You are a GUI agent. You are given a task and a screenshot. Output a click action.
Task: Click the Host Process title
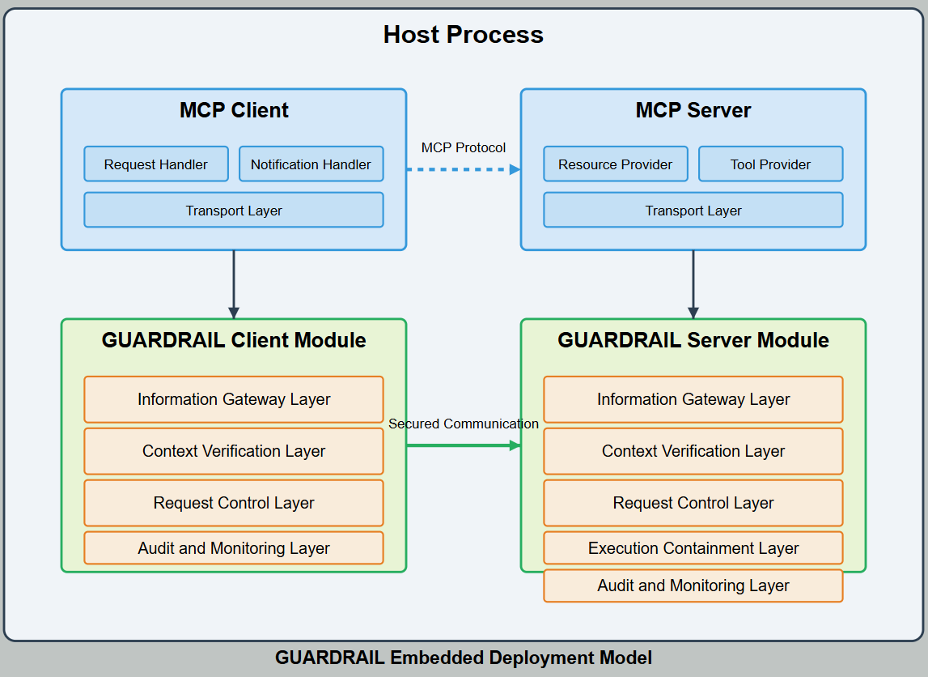click(463, 35)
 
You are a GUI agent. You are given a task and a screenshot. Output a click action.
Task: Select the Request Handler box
click(155, 164)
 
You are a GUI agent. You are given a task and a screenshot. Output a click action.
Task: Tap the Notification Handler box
click(311, 164)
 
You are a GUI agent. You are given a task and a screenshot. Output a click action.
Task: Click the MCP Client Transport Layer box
click(234, 211)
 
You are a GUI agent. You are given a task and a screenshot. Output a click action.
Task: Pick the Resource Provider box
click(615, 164)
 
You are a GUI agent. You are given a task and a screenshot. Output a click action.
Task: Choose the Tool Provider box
click(770, 164)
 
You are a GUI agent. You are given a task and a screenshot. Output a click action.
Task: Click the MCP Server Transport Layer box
click(693, 211)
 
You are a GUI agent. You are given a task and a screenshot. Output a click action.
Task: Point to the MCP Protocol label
click(464, 147)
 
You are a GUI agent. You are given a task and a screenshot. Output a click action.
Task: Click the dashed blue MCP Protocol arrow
click(463, 169)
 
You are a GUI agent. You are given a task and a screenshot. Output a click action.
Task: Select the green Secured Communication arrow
click(463, 445)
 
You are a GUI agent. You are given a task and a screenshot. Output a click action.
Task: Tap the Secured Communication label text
click(464, 424)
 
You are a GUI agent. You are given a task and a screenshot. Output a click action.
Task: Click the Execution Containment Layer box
click(693, 548)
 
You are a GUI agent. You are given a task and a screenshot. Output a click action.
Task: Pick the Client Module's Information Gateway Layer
click(234, 399)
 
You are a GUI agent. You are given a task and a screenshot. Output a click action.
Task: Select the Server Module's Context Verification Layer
click(693, 451)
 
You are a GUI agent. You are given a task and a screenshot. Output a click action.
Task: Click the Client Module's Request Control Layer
click(234, 503)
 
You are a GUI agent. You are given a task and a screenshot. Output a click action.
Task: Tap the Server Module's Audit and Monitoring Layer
click(693, 585)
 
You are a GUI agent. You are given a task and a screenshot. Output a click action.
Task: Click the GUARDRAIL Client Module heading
click(234, 340)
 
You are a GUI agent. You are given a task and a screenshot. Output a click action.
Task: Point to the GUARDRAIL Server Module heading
click(693, 340)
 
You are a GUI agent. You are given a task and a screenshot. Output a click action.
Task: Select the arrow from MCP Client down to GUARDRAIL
click(234, 283)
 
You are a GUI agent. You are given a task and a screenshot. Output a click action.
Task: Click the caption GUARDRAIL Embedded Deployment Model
click(464, 658)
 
